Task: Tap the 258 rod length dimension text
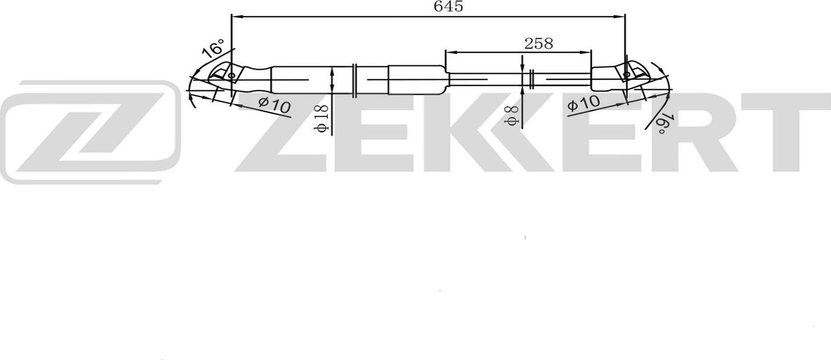click(x=538, y=44)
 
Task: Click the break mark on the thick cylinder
click(x=355, y=80)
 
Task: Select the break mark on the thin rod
click(x=531, y=80)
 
